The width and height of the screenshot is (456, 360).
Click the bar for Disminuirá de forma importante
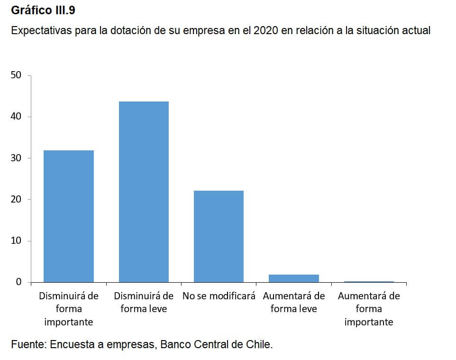click(x=68, y=216)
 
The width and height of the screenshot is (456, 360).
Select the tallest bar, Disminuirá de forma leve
click(x=144, y=192)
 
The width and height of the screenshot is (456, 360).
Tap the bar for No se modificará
click(x=219, y=236)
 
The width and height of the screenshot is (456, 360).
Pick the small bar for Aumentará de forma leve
click(x=294, y=278)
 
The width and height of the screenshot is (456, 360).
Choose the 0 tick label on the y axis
click(x=19, y=282)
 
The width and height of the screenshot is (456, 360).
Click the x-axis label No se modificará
click(x=219, y=296)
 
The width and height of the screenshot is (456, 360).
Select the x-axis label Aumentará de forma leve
click(x=294, y=302)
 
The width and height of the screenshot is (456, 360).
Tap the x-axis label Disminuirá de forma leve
click(x=144, y=302)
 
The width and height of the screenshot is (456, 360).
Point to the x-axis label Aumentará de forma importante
click(x=369, y=309)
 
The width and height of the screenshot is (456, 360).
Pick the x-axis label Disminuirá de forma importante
click(x=68, y=309)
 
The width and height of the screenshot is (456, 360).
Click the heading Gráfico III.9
click(x=43, y=10)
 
